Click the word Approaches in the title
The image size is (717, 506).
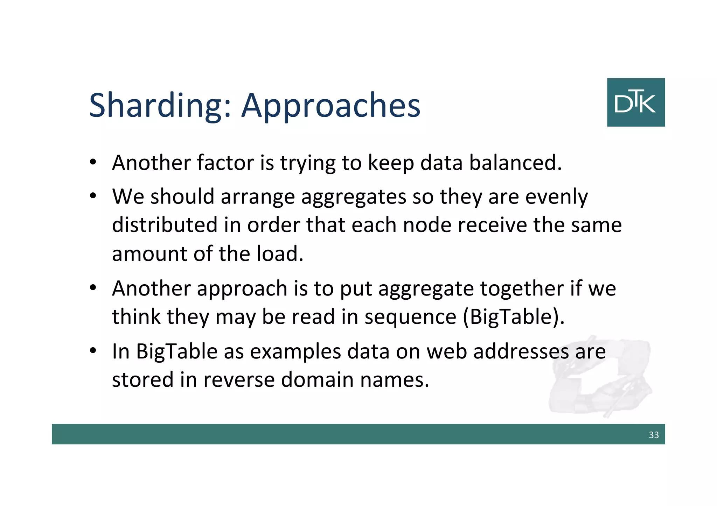tap(331, 106)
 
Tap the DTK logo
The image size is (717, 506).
tap(635, 102)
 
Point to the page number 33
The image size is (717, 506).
tap(654, 435)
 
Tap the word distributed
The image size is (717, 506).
tap(165, 225)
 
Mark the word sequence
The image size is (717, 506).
tap(410, 317)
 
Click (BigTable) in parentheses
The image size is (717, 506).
tap(513, 317)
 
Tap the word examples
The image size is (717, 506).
tap(295, 351)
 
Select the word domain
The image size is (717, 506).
tap(317, 380)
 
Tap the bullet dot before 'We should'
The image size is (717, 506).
tap(93, 196)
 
